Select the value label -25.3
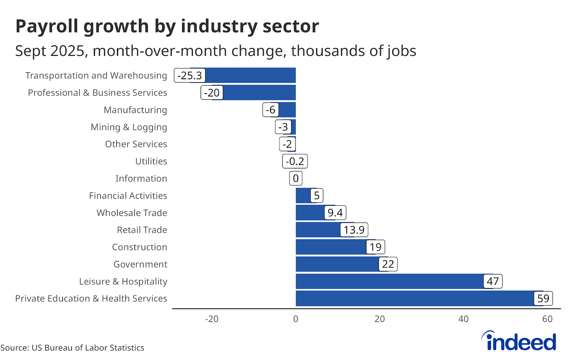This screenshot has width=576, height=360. point(190,76)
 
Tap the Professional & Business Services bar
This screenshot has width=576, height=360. point(259,93)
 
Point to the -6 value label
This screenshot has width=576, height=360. point(271,110)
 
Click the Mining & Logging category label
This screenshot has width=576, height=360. point(129,127)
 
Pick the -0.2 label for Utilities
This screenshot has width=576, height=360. point(295,161)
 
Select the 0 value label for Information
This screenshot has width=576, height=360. point(296,178)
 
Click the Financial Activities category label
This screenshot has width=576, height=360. point(128,195)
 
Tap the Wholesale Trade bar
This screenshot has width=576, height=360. point(310,213)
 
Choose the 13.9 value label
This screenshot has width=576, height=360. point(354,230)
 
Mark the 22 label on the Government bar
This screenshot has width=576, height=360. point(388,264)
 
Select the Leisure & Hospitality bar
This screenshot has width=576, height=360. point(389,281)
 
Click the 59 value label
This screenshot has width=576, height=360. point(543,298)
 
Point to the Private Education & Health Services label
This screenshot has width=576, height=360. point(91,298)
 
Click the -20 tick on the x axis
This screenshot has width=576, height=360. point(212,319)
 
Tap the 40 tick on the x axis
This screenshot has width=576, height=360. point(463,319)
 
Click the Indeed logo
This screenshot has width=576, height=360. point(519,341)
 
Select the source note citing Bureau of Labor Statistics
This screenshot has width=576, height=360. point(72,348)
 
